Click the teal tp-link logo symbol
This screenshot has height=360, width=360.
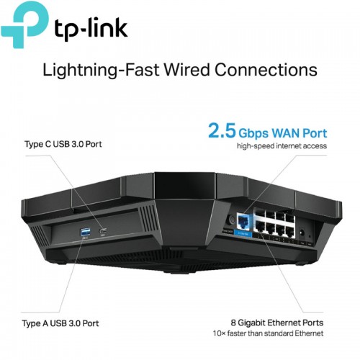coord(24,23)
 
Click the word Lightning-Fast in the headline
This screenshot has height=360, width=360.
coord(101,70)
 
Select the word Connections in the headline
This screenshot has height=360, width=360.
coord(266,70)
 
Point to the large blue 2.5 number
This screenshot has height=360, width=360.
coord(222,130)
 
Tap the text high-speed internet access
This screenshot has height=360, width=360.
coord(282,146)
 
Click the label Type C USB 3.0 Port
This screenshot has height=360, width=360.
coord(63,144)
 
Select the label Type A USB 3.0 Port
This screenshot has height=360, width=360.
coord(60,323)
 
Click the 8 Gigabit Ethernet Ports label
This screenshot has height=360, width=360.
coord(277,323)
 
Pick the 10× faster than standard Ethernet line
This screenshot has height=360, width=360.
coord(268,333)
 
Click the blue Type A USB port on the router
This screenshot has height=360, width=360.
coord(85,233)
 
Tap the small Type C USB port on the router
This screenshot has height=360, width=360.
coord(103,231)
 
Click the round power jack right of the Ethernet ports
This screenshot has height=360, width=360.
coord(302,233)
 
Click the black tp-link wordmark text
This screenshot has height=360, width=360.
coord(91,29)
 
